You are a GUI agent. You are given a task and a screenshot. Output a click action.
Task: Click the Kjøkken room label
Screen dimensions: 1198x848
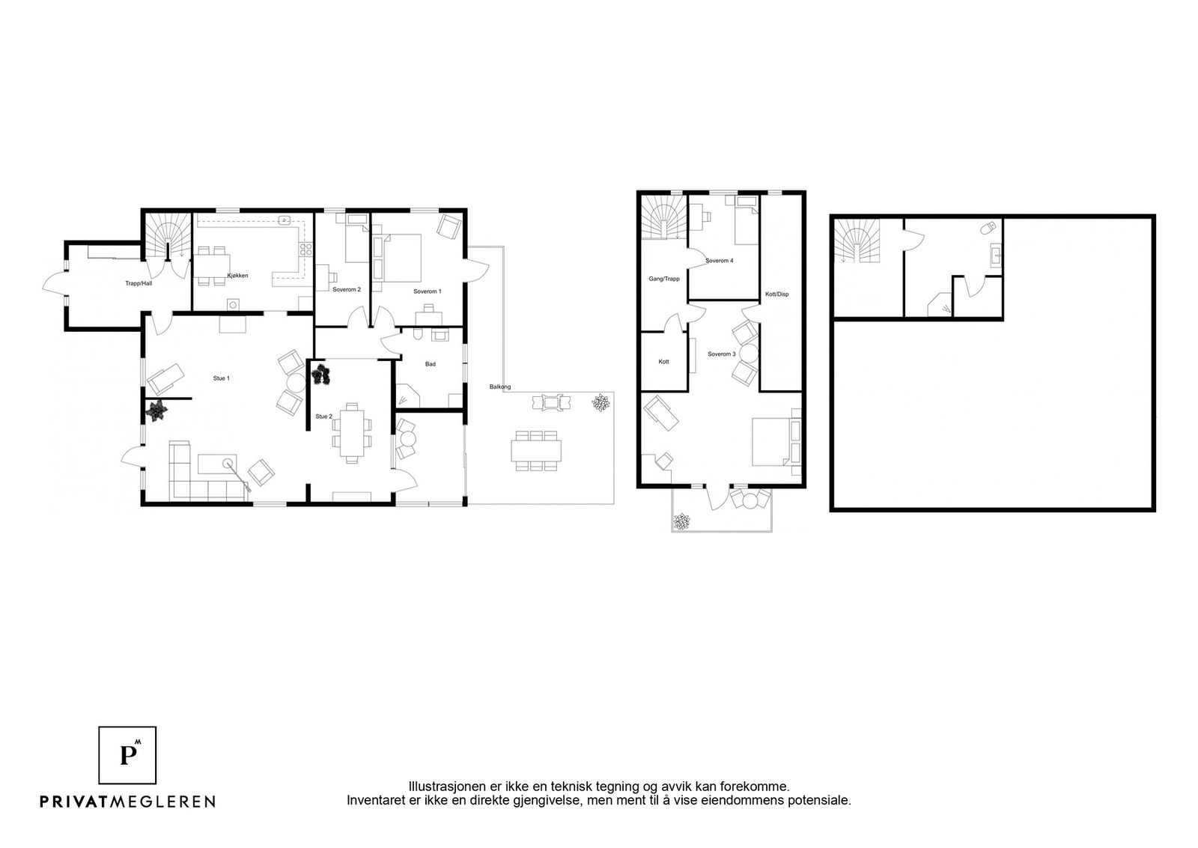point(237,276)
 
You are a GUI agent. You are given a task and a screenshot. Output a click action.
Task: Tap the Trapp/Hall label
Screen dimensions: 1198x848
point(139,284)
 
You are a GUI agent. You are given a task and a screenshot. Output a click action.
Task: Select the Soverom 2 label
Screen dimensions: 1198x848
point(347,289)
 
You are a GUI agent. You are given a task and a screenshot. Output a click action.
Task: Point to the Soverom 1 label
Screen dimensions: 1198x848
point(428,291)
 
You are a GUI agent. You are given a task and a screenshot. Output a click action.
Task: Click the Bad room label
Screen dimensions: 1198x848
point(431,364)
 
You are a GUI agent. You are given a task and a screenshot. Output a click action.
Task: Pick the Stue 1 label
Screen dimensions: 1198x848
point(222,378)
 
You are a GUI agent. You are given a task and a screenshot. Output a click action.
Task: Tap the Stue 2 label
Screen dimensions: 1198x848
point(323,417)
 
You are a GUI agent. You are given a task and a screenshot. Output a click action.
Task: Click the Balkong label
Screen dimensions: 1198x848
point(500,387)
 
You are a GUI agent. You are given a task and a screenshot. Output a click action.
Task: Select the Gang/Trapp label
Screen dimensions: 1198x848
point(664,279)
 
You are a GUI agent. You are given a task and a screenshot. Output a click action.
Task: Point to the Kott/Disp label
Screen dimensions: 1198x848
point(777,294)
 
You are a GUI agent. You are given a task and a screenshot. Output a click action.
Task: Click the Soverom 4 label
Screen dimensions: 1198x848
point(720,261)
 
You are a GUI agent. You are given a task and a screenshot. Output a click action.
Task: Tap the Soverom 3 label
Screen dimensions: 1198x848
point(722,354)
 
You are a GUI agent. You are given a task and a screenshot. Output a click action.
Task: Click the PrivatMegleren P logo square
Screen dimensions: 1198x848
point(127,755)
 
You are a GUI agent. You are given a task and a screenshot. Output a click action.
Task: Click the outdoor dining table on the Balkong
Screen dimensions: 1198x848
point(536,450)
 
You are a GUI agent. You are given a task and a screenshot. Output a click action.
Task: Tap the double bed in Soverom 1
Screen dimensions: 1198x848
point(400,258)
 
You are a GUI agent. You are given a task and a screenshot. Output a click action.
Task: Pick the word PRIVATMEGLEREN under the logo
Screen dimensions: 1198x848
point(128,802)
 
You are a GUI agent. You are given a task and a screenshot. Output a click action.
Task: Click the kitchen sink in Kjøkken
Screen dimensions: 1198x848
point(286,219)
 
